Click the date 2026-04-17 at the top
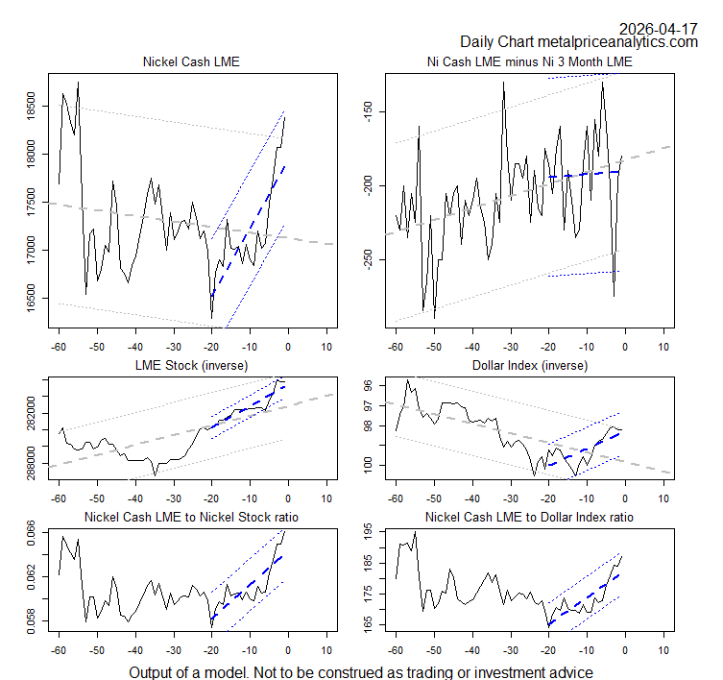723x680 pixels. tap(659, 28)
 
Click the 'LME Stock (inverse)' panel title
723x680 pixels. tap(191, 365)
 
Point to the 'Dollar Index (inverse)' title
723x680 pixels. tap(530, 365)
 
